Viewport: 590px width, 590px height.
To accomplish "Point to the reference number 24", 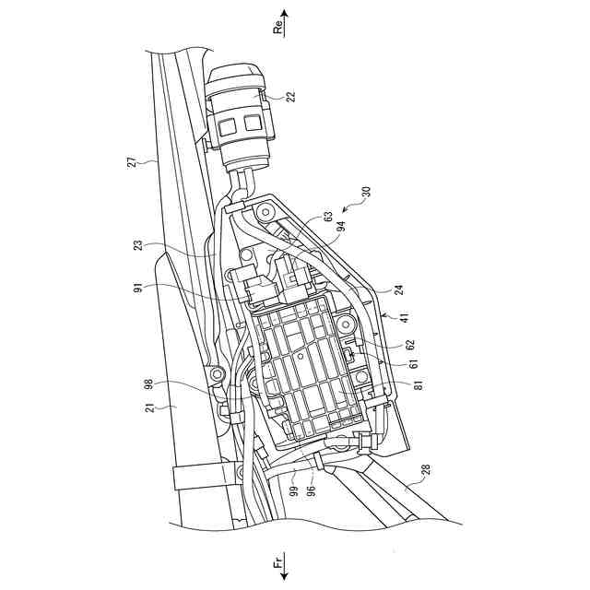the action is point(398,289).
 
